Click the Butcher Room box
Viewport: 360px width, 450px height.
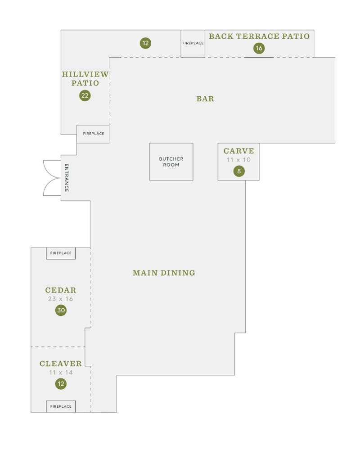click(x=171, y=162)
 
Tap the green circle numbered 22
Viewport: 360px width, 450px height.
click(x=85, y=95)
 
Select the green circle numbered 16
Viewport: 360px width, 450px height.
click(x=259, y=48)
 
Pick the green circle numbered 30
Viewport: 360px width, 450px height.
click(x=61, y=310)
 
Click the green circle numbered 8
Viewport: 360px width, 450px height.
click(x=239, y=171)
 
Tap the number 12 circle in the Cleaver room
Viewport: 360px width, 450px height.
click(x=61, y=384)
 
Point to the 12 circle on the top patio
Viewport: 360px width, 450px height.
click(x=145, y=43)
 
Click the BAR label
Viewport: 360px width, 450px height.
click(x=205, y=99)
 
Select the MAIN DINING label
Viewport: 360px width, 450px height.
click(x=164, y=273)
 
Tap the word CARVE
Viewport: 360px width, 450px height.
click(x=238, y=151)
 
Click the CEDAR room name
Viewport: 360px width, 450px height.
click(x=61, y=290)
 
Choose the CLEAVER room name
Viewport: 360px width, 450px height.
click(x=61, y=364)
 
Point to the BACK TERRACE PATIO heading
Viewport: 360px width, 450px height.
click(x=259, y=36)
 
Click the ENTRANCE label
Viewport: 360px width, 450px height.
click(x=67, y=178)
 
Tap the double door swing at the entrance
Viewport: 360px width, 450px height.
click(x=52, y=178)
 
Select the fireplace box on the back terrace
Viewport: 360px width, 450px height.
click(x=193, y=43)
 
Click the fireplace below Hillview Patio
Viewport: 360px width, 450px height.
click(x=93, y=134)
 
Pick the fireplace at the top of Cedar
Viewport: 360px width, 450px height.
click(x=61, y=253)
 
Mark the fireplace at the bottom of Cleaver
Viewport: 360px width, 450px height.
click(x=61, y=406)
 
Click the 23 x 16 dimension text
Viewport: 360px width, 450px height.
click(x=61, y=299)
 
